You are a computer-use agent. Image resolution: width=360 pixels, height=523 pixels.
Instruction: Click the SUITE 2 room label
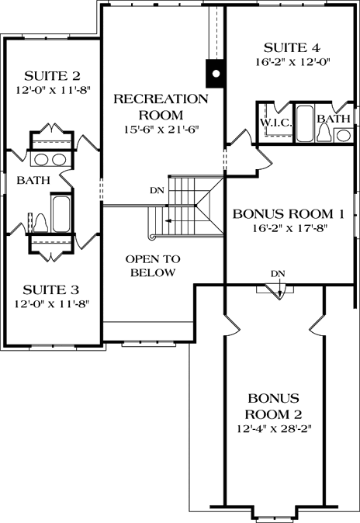pos(53,75)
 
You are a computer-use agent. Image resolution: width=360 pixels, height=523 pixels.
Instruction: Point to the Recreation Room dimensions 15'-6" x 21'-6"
pos(161,130)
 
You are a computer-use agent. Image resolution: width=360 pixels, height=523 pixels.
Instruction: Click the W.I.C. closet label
pos(275,122)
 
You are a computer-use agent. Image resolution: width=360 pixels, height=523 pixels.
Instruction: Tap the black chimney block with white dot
pos(216,74)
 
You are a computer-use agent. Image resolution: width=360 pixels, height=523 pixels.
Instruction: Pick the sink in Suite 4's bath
pos(342,135)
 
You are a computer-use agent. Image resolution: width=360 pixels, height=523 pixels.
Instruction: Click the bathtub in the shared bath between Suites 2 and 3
pos(61,213)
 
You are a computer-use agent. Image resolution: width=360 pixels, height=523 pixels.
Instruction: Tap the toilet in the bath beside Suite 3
pos(39,223)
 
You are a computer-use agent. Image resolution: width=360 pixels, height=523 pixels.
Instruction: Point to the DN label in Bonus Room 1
pos(279,273)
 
